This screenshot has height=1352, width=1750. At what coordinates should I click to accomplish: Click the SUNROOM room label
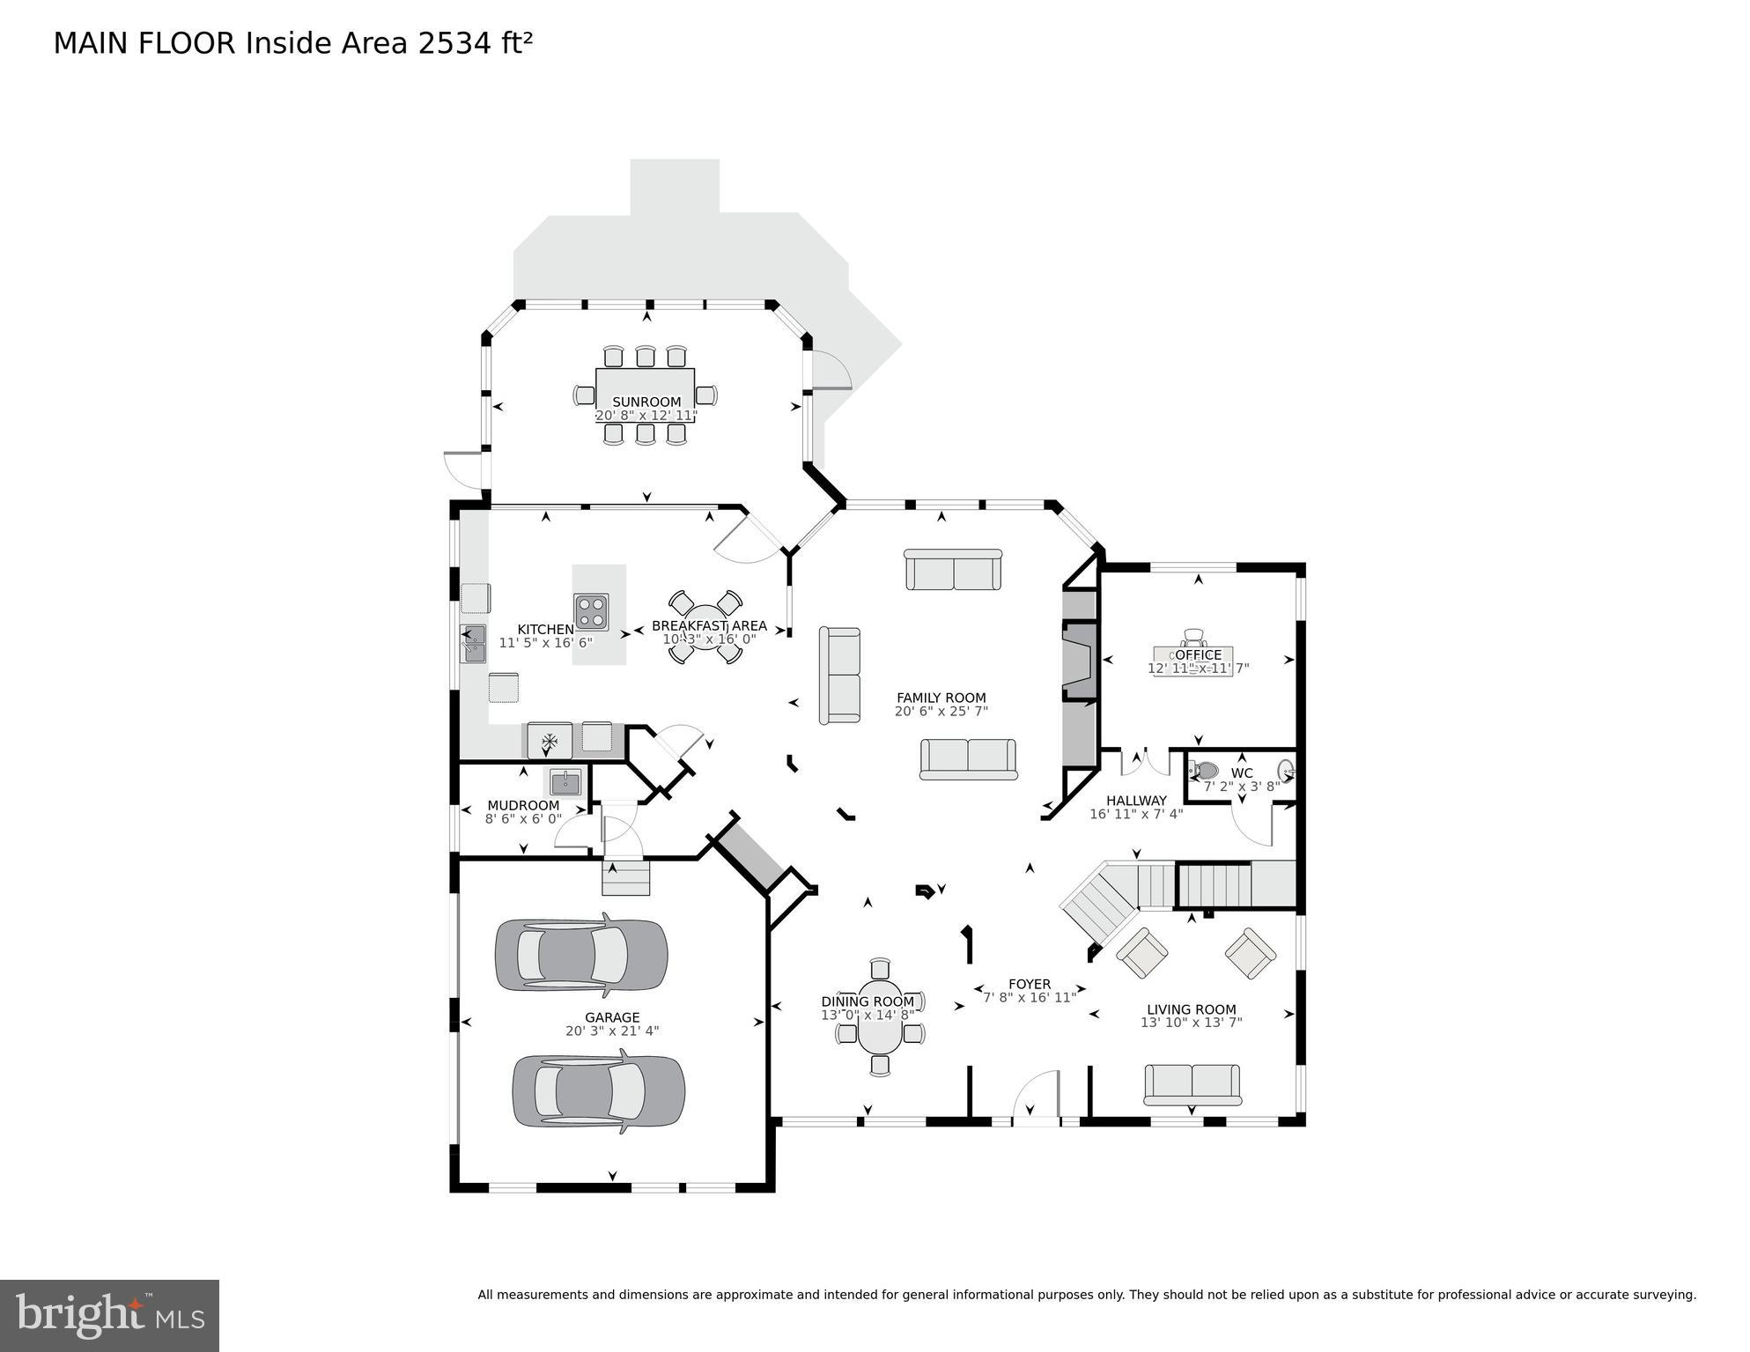point(646,402)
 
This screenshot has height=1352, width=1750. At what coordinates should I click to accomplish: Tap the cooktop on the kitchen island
point(591,611)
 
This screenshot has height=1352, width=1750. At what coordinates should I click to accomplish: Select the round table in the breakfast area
point(705,627)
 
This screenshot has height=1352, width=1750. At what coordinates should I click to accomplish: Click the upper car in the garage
point(580,955)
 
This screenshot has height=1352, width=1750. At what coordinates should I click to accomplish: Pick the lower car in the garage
point(598,1091)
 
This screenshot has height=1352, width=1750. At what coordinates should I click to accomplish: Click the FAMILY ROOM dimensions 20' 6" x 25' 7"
point(941,711)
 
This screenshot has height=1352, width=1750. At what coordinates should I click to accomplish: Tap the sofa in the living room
point(1192,1083)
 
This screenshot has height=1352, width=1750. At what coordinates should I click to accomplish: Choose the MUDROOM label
point(523,805)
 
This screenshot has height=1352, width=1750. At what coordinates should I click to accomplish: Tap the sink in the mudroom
point(565,781)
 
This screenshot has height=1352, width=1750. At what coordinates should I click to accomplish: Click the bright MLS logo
point(109,1315)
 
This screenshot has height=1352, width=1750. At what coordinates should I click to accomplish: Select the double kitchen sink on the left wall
point(473,643)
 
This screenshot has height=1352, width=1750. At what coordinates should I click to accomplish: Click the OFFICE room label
point(1198,654)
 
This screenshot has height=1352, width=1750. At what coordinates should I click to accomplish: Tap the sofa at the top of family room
point(952,570)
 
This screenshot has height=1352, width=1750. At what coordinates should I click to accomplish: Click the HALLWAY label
point(1136,801)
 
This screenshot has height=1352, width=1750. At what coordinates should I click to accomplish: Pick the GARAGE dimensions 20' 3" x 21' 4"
point(612,1031)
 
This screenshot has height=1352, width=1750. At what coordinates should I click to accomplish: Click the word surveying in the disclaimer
point(1665,1295)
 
